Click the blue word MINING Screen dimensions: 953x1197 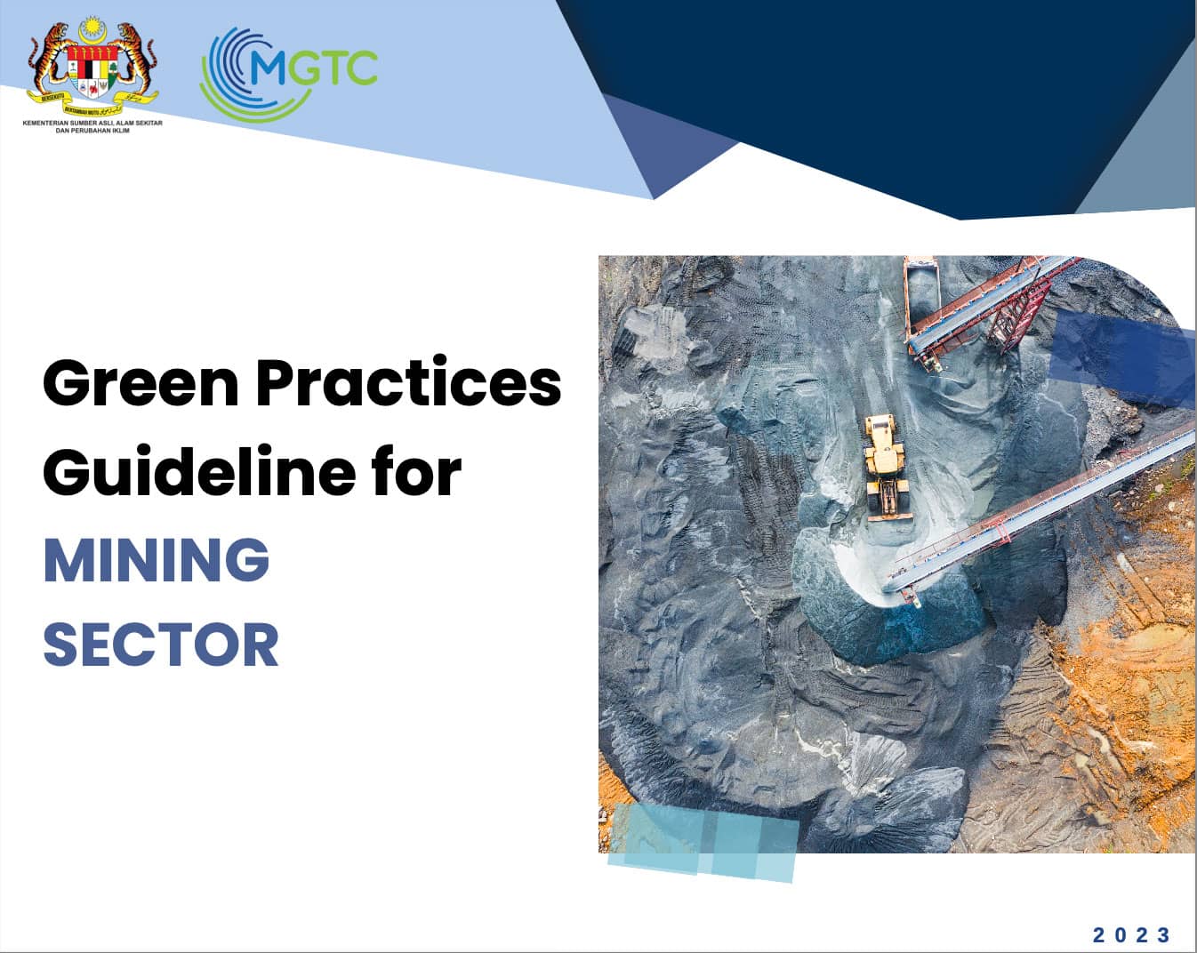pos(157,559)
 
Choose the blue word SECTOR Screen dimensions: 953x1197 pos(161,645)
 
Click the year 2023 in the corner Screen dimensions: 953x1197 pos(1131,934)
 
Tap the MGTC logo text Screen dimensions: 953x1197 pos(311,67)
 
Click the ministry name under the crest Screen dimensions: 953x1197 pos(92,126)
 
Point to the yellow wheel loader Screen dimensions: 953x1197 pos(886,462)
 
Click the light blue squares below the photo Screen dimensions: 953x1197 pos(703,840)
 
